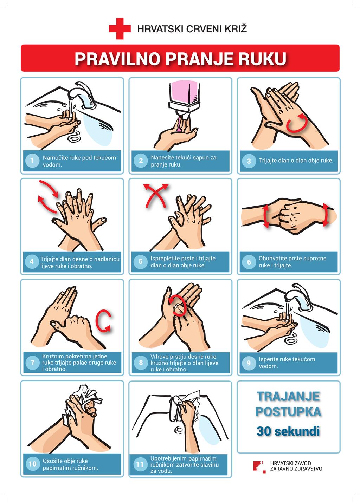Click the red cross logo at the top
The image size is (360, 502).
pos(120,29)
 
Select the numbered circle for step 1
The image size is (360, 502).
pos(32,161)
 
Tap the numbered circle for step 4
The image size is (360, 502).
pos(32,261)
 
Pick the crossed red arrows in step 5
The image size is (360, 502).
pos(156,196)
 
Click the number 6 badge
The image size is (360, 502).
pos(249,262)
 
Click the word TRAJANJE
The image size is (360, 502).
pos(288,396)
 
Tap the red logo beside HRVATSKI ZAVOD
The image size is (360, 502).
pos(260,467)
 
